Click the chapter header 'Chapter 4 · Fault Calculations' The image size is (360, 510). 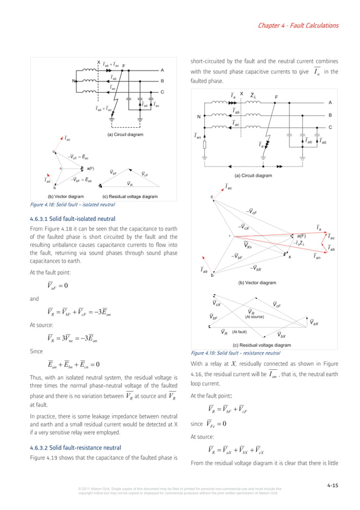click(x=298, y=25)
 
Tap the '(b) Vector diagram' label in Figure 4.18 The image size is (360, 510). click(x=58, y=196)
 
